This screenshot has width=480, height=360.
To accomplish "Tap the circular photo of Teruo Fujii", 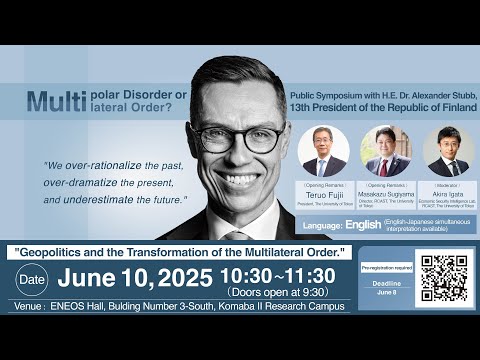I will click(x=323, y=151).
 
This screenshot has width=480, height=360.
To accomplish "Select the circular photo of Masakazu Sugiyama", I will click(x=385, y=151).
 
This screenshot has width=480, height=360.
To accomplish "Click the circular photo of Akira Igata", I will click(x=447, y=151).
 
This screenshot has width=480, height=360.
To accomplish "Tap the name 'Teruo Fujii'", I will click(x=323, y=198).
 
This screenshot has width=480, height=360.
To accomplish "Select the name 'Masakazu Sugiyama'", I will click(x=385, y=198).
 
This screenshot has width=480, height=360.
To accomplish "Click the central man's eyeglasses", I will click(x=237, y=136).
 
